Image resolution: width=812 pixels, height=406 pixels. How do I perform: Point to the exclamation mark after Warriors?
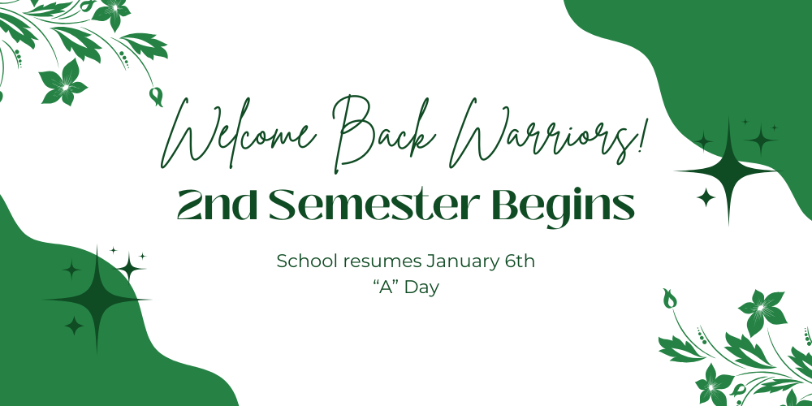point(644,134)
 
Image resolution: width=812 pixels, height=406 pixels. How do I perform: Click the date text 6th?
point(517,262)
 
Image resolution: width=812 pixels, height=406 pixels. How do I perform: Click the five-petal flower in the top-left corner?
point(63,82)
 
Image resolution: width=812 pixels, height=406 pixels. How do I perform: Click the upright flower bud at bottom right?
point(670,300)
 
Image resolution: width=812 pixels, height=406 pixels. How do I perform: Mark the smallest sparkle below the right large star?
point(706,197)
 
